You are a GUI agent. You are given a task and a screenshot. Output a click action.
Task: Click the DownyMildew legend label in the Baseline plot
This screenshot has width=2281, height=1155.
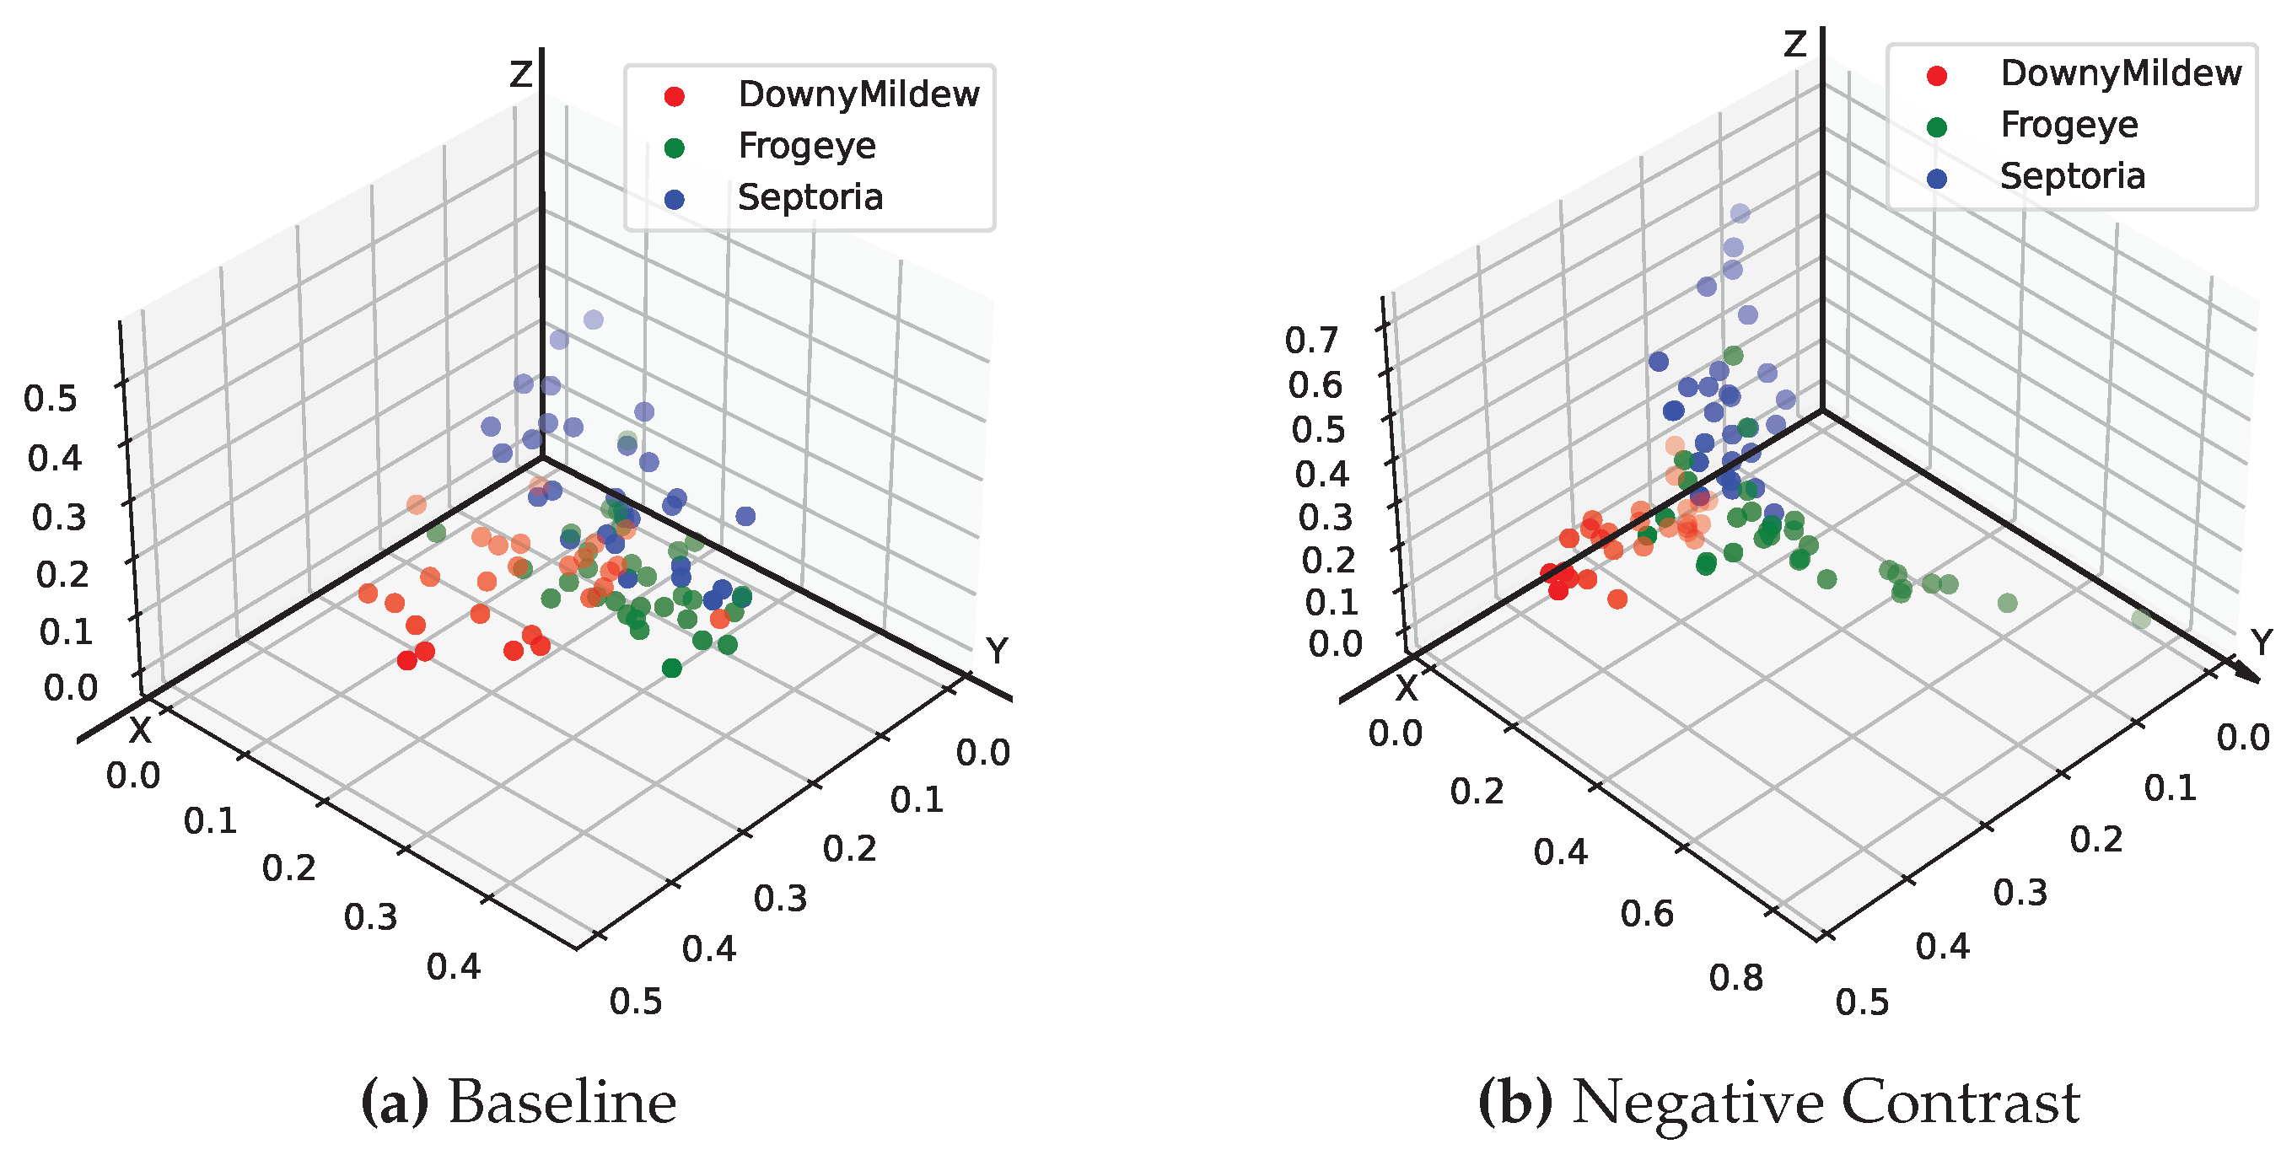[858, 94]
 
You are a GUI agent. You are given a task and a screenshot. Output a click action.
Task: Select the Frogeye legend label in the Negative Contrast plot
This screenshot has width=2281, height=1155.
[2069, 125]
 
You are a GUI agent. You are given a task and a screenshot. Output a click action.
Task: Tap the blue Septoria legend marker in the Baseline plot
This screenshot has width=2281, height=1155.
[674, 199]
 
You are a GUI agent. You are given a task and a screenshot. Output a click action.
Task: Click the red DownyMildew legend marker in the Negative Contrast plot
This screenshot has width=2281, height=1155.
[1937, 75]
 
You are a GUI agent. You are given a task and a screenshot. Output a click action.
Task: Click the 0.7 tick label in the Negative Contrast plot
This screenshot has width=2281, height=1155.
[1311, 341]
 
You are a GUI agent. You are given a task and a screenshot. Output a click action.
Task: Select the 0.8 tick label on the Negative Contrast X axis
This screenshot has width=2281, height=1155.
[1735, 978]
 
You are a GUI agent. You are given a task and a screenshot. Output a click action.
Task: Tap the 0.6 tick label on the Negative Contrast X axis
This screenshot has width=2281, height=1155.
[1647, 914]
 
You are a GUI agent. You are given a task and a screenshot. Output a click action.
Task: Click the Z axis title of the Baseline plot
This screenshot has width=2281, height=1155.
[519, 74]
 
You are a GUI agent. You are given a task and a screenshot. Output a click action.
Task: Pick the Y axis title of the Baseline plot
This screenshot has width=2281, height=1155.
[997, 652]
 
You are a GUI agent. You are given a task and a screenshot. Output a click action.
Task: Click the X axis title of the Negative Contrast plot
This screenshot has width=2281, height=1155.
[1407, 689]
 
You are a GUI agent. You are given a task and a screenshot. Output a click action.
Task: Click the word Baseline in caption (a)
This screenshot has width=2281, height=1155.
[562, 1104]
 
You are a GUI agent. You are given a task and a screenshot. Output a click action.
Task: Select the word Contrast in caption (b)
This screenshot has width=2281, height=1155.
[1961, 1104]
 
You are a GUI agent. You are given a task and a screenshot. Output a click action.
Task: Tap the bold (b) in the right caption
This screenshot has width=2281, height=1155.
[1516, 1104]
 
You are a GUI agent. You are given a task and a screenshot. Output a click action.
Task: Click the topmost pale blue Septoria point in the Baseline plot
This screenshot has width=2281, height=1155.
[594, 320]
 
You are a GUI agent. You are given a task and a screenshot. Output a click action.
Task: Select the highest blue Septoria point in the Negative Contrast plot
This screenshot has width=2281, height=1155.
[1740, 213]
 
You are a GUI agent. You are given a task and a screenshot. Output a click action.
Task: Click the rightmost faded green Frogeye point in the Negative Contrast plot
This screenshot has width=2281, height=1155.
[2141, 619]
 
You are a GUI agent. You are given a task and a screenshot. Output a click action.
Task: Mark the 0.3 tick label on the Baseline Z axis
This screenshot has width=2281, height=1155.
[59, 518]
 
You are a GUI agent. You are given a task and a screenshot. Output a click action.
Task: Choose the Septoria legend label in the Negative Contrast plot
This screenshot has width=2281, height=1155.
[2072, 176]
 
